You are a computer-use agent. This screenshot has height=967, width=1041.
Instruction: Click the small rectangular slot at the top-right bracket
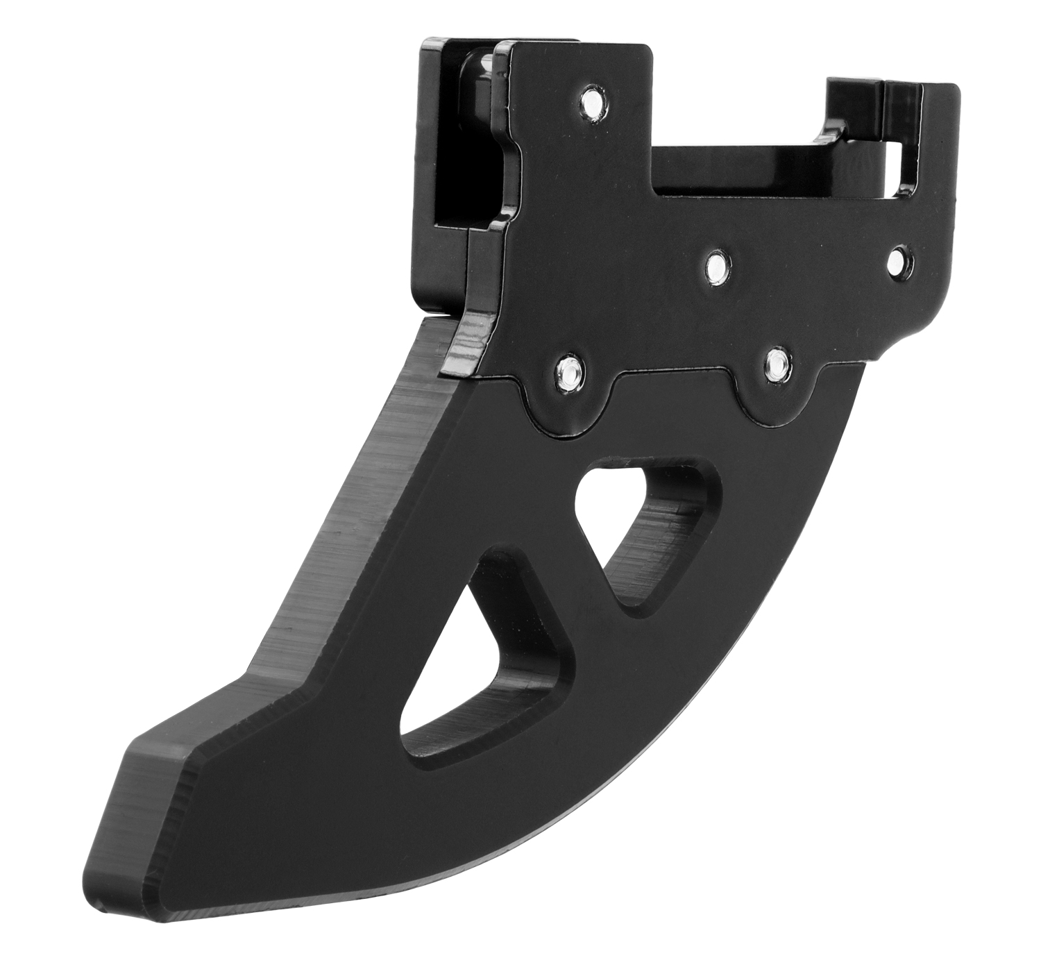[897, 158]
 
